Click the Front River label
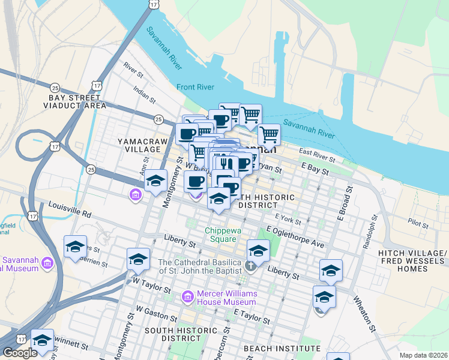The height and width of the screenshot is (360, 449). [195, 88]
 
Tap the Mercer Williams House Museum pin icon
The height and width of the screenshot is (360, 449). [187, 296]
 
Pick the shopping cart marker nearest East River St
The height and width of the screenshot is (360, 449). [269, 135]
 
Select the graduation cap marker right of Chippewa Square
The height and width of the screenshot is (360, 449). [258, 250]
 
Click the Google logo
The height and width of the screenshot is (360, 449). [20, 353]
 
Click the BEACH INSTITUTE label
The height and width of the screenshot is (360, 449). [282, 349]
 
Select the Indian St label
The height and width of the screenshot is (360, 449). [145, 93]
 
